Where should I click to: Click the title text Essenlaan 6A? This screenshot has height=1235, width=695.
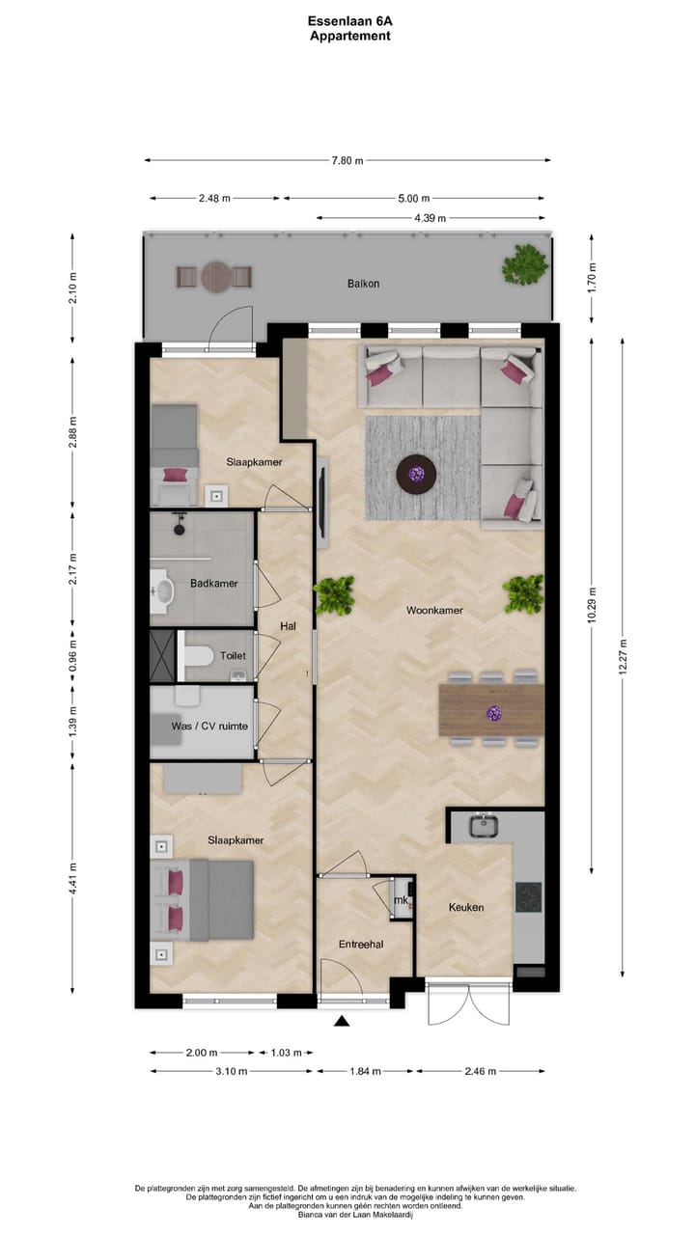point(349,20)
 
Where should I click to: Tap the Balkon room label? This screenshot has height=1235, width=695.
point(363,284)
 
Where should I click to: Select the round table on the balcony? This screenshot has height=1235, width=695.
point(215,277)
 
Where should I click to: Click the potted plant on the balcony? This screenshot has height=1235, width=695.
point(524,263)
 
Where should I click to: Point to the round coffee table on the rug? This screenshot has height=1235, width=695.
point(416,473)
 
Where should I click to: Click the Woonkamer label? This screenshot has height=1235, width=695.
point(434,610)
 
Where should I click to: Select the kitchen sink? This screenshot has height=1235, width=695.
point(483,826)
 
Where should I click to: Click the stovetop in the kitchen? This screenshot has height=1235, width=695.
point(528,897)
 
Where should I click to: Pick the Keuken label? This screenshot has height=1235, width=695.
point(465,907)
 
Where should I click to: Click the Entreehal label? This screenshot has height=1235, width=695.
point(361,944)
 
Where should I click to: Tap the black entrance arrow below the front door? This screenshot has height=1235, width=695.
point(340,1021)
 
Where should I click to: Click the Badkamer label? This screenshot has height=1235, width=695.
point(213,583)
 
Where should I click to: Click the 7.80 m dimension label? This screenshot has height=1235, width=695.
point(348,160)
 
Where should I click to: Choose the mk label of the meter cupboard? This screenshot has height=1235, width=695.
point(401,900)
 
